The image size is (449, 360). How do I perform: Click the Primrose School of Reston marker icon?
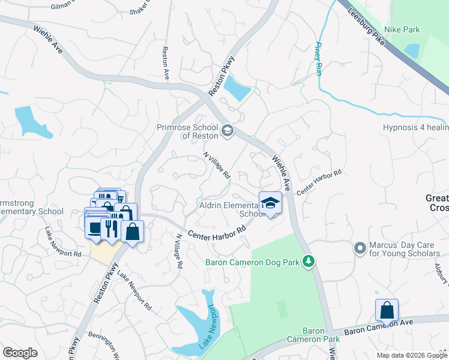[228, 130]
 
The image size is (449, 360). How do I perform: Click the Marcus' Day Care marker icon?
[360, 247]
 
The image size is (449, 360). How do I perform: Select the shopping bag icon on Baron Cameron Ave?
[387, 310]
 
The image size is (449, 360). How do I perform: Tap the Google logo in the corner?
[20, 353]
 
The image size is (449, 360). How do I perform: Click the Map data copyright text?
[411, 355]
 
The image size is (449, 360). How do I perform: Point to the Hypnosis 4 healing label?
[415, 128]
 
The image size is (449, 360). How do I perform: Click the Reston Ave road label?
[166, 63]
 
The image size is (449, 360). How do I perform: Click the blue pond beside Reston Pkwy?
[237, 89]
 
